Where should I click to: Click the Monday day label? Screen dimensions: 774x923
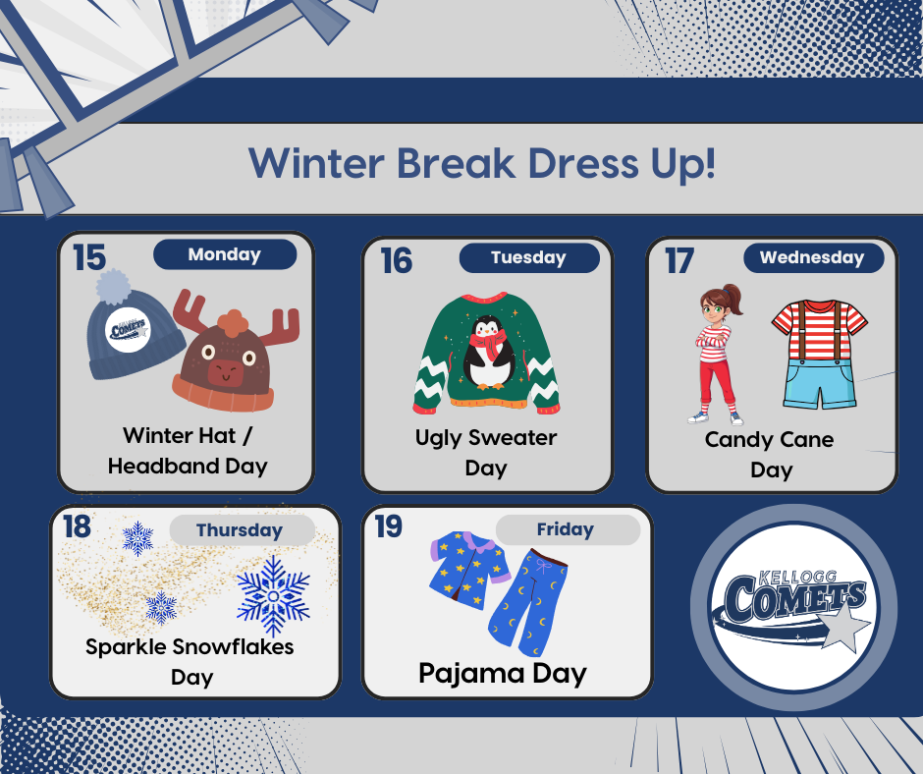click(x=225, y=254)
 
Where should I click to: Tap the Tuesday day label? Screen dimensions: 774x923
click(x=528, y=257)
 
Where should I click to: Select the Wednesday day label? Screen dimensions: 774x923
click(x=811, y=257)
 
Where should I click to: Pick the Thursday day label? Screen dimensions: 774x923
click(x=239, y=530)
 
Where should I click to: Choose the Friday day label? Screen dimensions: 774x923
click(x=565, y=529)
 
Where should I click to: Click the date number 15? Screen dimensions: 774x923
click(x=88, y=257)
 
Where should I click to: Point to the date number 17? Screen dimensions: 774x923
click(x=679, y=261)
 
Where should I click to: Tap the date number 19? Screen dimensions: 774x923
click(x=389, y=526)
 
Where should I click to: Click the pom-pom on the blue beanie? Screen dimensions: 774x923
click(x=113, y=287)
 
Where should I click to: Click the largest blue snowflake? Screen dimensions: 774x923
click(x=273, y=596)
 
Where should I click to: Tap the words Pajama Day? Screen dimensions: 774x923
click(x=502, y=674)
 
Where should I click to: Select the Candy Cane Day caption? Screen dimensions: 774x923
click(x=770, y=454)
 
